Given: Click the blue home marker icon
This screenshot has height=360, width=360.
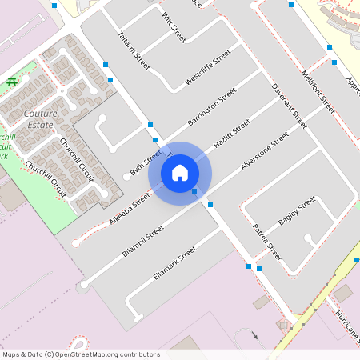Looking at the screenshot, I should click(180, 172).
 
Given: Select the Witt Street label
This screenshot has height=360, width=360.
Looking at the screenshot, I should click(173, 27).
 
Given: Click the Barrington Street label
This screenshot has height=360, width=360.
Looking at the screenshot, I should click(212, 108).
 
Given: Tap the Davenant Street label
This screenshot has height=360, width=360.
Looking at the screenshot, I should click(289, 106).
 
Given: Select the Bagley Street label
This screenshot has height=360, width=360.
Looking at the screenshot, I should click(298, 210).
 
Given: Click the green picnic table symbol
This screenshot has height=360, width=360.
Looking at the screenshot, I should click(11, 82).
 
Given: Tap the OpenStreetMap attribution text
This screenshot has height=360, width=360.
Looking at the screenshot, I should click(80, 354).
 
